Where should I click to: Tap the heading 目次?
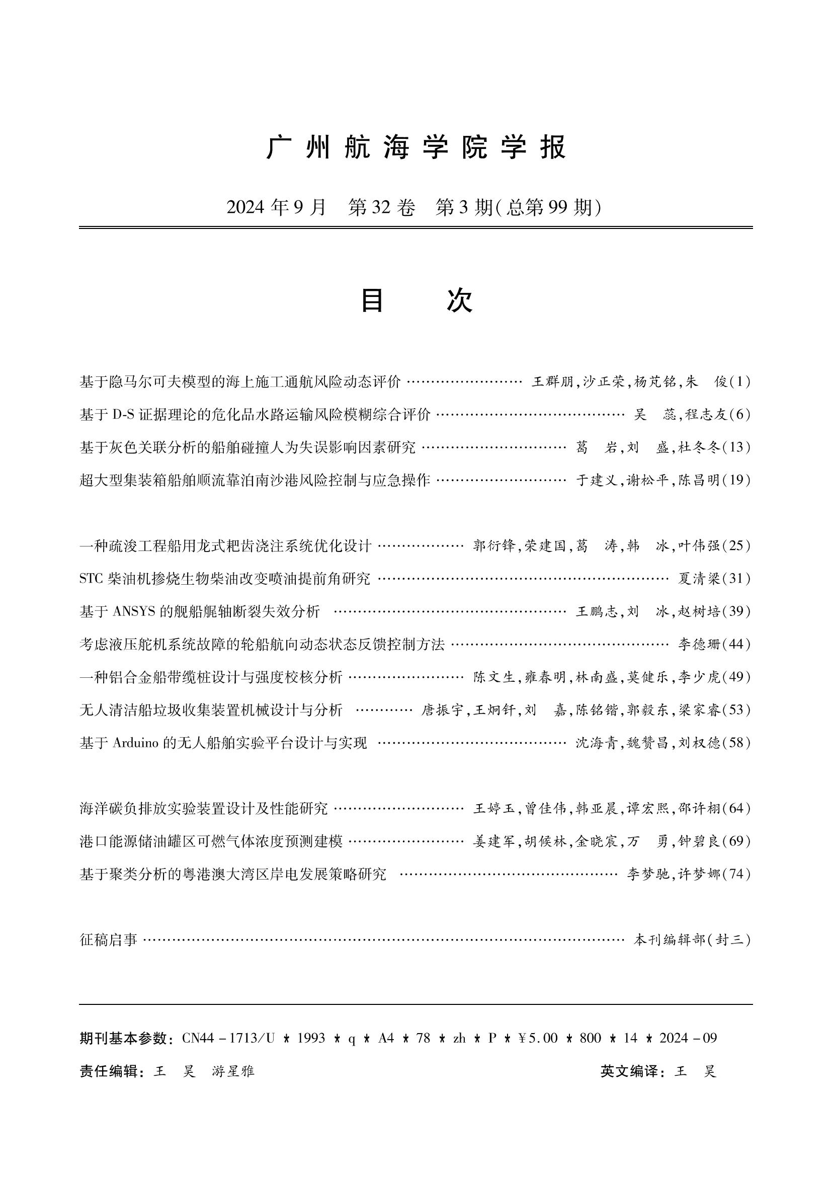416,301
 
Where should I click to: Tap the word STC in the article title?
92,579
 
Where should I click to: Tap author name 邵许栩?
699,809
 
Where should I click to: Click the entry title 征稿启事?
109,939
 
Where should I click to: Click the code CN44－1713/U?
228,1038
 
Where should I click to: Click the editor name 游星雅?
233,1071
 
